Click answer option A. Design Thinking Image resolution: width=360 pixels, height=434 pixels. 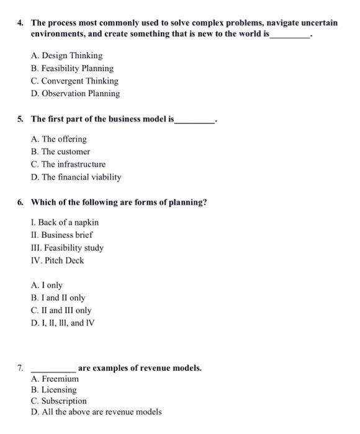66,56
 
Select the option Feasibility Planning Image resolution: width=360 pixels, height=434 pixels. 72,68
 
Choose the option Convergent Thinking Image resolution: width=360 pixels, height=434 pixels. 74,81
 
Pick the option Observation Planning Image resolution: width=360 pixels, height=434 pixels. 74,94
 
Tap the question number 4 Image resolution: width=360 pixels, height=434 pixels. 20,23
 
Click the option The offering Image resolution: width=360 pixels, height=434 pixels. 58,139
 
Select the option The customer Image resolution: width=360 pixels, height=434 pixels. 60,151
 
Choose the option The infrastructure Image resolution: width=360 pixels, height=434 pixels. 68,164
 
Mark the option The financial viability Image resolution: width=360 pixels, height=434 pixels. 75,177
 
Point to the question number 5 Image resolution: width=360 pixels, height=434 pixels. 20,118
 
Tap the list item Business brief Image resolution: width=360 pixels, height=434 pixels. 61,235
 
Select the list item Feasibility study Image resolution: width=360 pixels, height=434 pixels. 66,248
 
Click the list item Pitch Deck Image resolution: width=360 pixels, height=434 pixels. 56,260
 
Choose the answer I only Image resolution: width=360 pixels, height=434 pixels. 47,285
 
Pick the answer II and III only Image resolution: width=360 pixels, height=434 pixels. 61,311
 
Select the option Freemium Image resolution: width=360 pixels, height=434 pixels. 55,378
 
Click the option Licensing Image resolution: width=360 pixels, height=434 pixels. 53,390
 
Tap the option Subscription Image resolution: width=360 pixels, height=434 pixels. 58,401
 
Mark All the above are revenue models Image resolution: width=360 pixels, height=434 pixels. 96,412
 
